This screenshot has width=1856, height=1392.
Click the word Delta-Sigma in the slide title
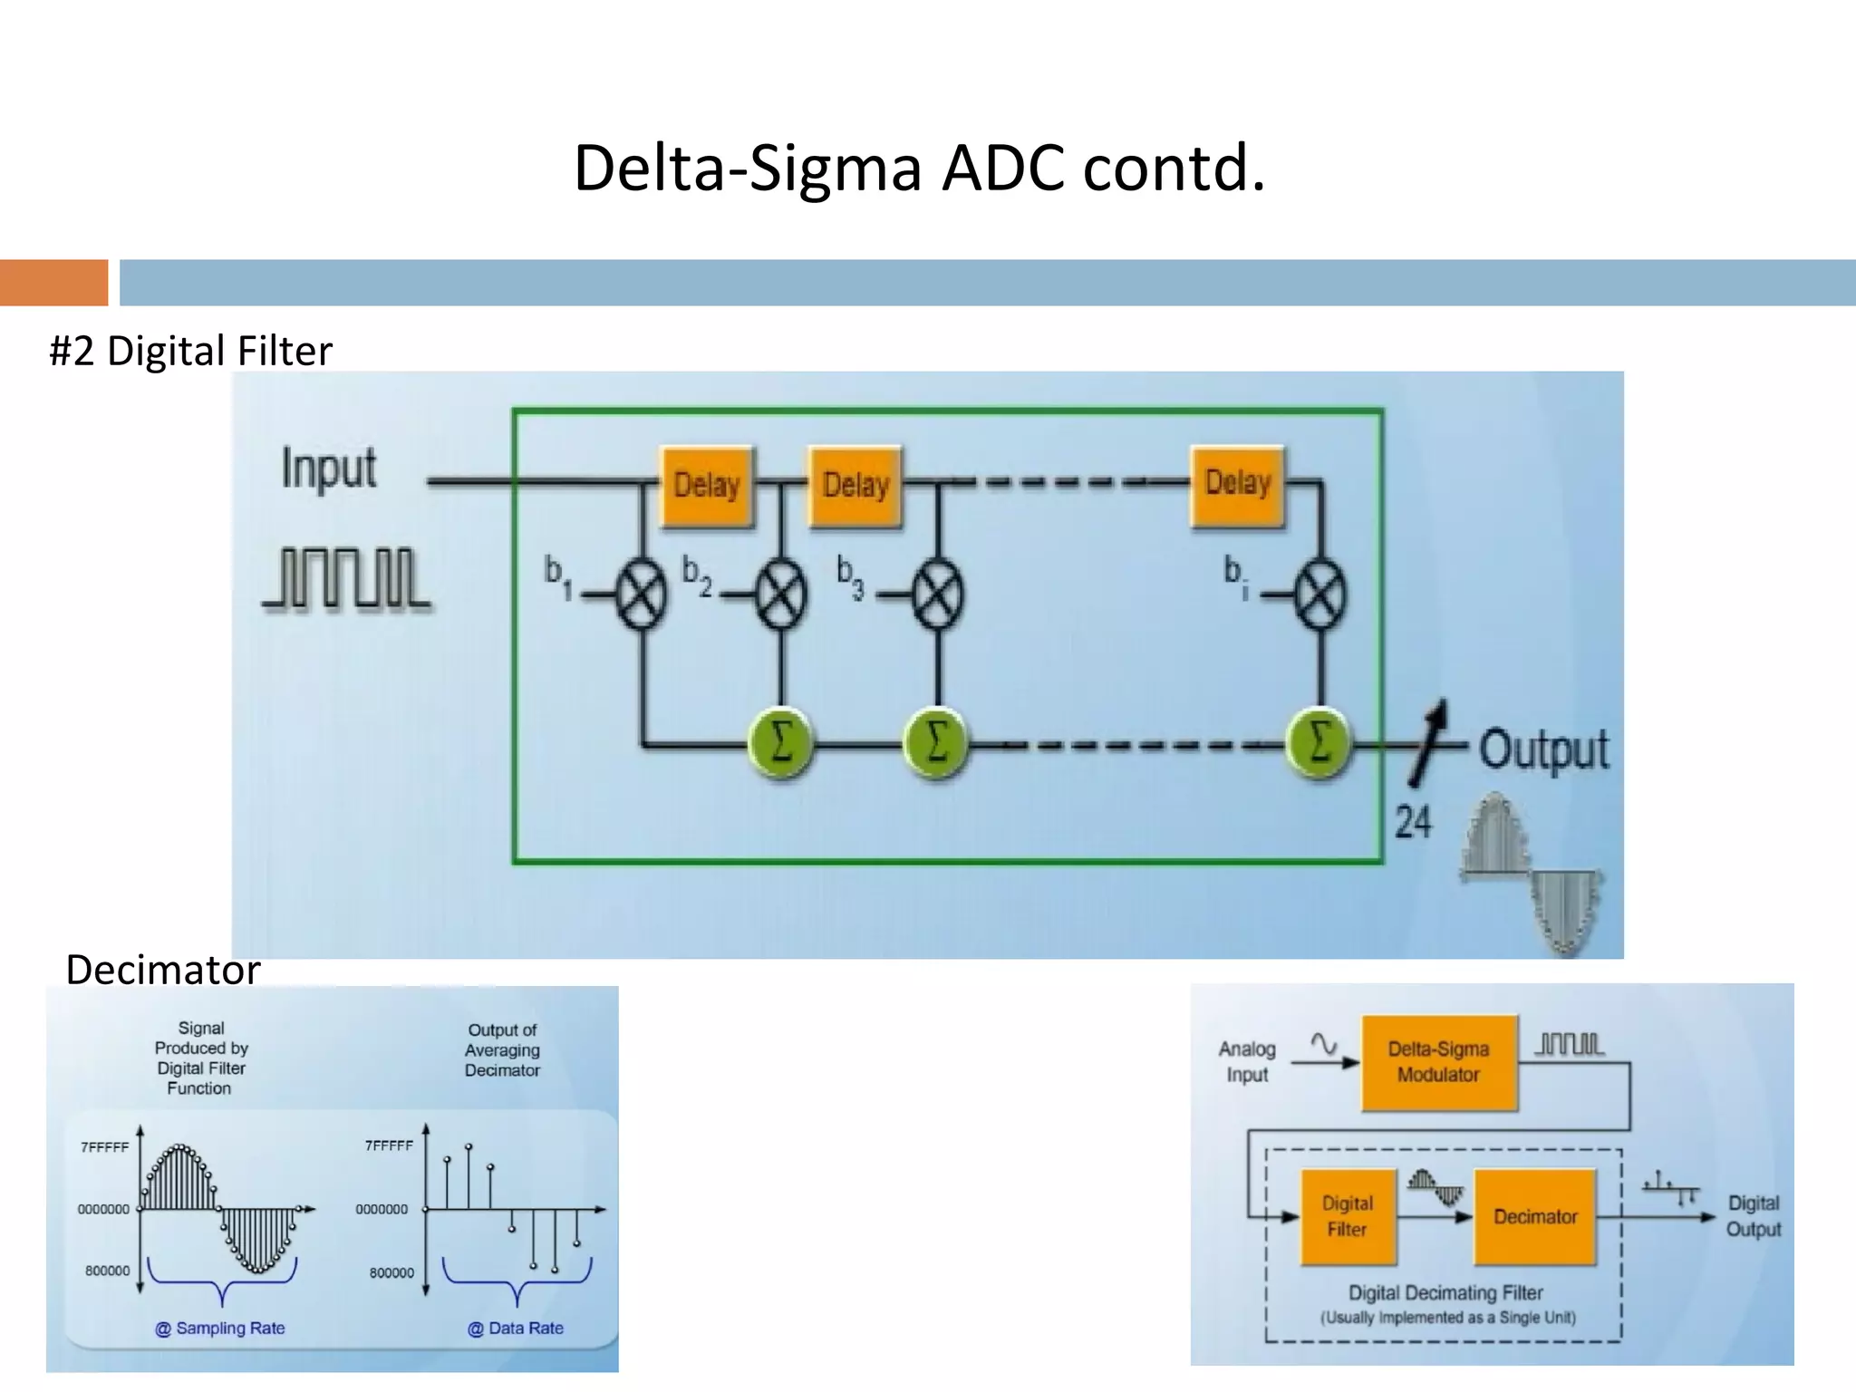(x=748, y=169)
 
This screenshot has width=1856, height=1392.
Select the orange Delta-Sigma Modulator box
(x=1438, y=1062)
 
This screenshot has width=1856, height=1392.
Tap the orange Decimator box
(x=1535, y=1216)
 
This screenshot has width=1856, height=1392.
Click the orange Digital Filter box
(x=1348, y=1216)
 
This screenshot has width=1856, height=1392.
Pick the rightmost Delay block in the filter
(x=1237, y=485)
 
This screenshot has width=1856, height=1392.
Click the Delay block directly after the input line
(x=707, y=486)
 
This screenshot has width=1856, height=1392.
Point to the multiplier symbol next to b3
(x=938, y=594)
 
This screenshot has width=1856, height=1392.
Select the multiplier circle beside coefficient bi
(x=1320, y=594)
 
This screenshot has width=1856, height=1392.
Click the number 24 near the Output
(x=1413, y=823)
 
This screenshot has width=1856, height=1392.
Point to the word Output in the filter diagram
(x=1544, y=750)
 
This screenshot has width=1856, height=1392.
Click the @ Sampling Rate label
(x=220, y=1328)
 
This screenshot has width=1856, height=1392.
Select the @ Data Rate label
(x=515, y=1328)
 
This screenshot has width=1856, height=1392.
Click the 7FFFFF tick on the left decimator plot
(x=105, y=1147)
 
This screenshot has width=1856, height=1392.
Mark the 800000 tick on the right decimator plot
(x=391, y=1272)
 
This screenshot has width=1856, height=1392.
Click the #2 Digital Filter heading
(x=190, y=351)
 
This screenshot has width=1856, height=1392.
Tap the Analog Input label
(x=1247, y=1061)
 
